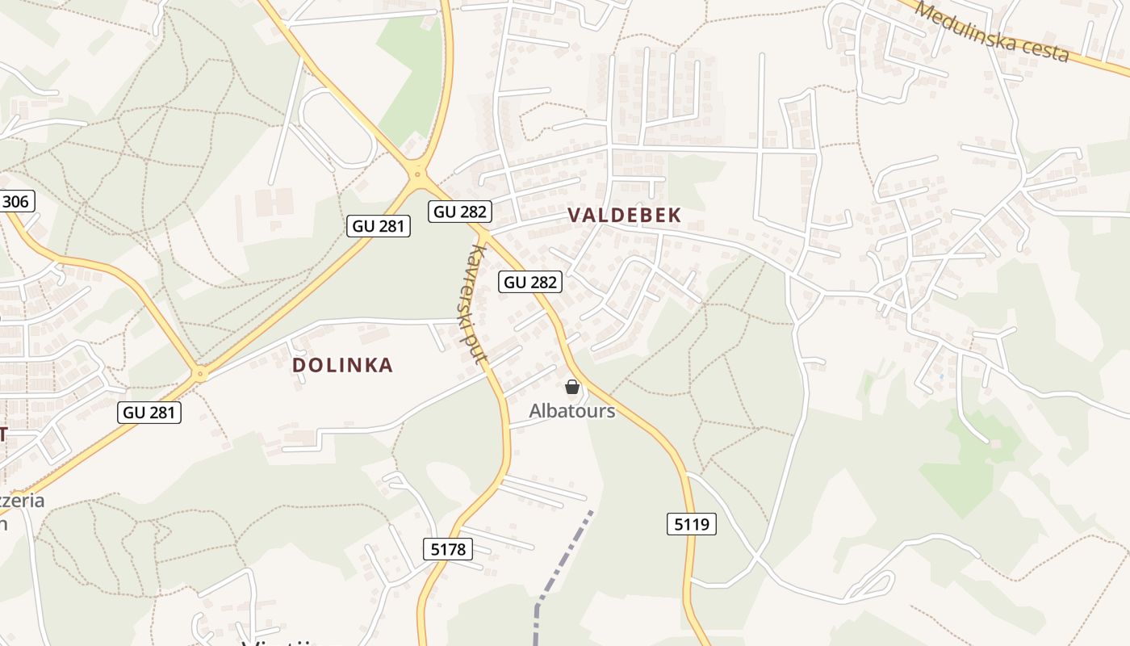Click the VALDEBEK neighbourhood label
click(x=625, y=215)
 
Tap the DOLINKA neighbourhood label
click(x=342, y=365)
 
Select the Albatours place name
click(x=571, y=411)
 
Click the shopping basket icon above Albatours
click(x=572, y=388)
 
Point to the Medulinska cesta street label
click(x=993, y=32)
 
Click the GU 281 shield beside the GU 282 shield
click(x=379, y=226)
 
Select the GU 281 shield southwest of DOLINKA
click(x=149, y=413)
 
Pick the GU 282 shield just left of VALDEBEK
click(x=460, y=212)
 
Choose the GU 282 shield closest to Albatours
click(x=530, y=282)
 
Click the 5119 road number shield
click(x=692, y=524)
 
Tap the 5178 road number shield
click(x=447, y=550)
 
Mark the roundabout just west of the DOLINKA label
click(x=200, y=374)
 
